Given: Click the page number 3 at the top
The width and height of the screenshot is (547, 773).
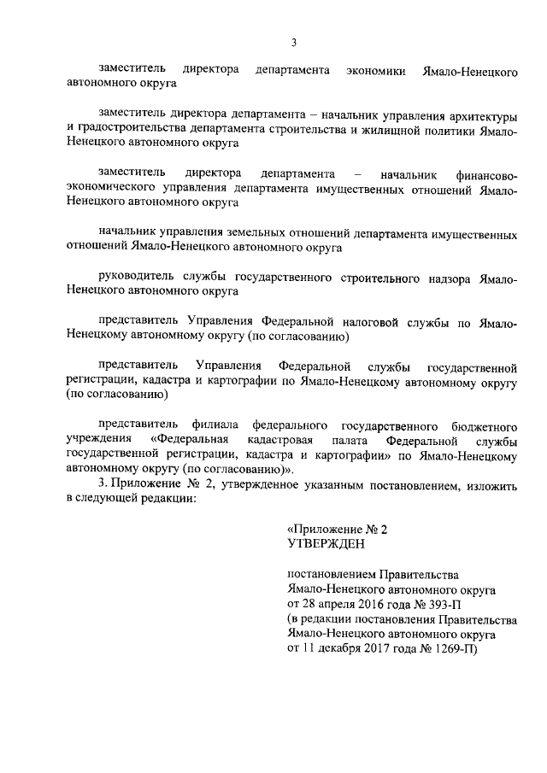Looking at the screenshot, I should (293, 42).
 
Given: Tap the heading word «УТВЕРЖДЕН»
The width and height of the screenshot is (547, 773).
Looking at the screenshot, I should (326, 543).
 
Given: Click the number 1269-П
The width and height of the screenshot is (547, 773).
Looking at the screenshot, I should (454, 647).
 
